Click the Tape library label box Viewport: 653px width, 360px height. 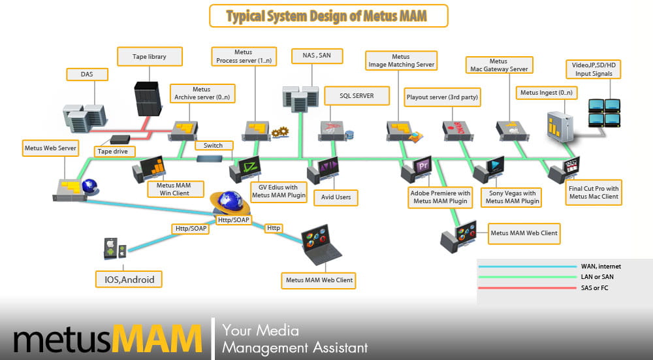(149, 57)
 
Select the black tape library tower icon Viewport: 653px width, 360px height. (148, 98)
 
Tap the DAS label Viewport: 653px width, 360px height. (87, 74)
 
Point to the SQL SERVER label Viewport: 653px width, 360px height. (357, 95)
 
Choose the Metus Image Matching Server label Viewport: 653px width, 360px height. (400, 61)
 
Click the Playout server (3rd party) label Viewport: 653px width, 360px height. (442, 97)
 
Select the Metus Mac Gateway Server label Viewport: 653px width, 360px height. (498, 65)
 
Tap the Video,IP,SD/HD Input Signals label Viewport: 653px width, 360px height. (593, 69)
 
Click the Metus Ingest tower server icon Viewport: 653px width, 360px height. (560, 127)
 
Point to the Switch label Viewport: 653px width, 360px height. (213, 145)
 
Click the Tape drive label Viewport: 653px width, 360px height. (115, 152)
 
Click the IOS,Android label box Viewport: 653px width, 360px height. (129, 280)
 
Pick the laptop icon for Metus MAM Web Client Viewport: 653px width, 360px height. (321, 246)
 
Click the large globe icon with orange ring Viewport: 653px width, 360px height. (230, 203)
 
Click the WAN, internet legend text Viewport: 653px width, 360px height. (601, 267)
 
